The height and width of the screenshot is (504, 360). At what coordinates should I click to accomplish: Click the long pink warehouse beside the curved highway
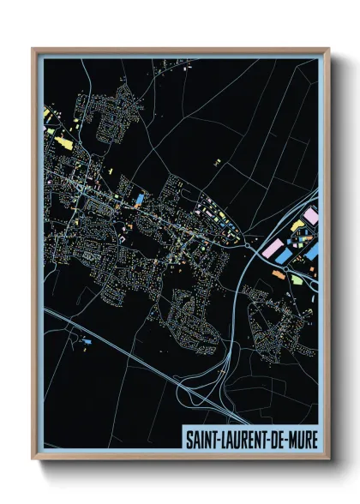click(273, 249)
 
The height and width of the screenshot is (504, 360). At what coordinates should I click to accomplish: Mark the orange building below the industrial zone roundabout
click(279, 273)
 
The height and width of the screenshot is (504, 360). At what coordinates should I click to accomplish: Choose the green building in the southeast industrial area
click(297, 280)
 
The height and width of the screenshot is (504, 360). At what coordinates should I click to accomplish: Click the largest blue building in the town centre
click(139, 200)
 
